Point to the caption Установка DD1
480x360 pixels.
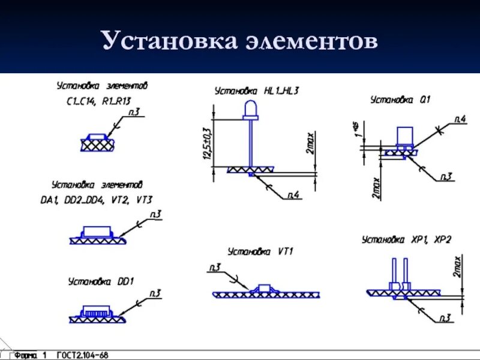point(101,281)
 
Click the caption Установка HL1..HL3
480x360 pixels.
point(257,91)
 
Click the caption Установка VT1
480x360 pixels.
point(260,251)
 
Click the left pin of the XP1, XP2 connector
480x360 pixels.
point(394,270)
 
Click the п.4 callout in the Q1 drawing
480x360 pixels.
point(460,119)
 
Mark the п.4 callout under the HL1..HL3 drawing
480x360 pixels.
point(293,194)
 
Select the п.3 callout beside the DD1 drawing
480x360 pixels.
point(155,293)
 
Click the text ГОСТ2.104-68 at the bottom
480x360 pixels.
point(83,355)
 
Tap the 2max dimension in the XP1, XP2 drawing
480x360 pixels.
point(457,266)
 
